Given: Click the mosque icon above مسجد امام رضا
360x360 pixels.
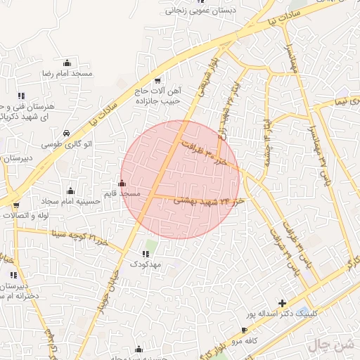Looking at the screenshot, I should click(x=67, y=63).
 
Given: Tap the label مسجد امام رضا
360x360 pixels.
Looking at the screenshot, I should click(x=67, y=73).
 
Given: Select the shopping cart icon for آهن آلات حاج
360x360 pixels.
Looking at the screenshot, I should click(x=157, y=81).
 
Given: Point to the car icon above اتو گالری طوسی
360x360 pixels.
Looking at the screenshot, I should click(x=65, y=133).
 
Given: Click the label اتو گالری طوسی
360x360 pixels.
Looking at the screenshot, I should click(x=65, y=143).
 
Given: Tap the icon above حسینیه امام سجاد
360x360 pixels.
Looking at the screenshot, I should click(x=70, y=191).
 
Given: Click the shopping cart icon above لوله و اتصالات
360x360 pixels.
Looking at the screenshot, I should click(x=16, y=206).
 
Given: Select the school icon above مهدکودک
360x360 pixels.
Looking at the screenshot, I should click(x=146, y=254).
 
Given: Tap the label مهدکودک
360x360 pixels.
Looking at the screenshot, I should click(x=146, y=264).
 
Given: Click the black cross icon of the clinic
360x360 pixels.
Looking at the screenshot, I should click(x=283, y=304).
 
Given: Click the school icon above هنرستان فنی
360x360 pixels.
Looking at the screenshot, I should click(x=22, y=96).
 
